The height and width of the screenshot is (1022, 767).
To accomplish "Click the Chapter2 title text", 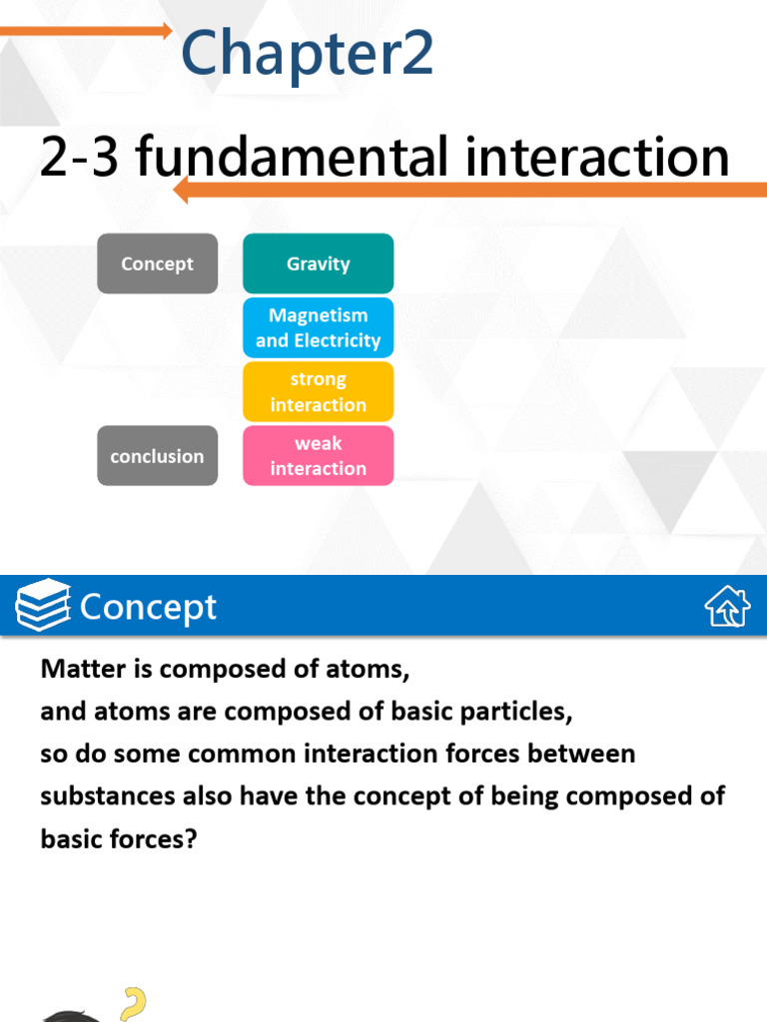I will pyautogui.click(x=307, y=54).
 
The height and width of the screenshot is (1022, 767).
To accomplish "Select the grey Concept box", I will pyautogui.click(x=157, y=263).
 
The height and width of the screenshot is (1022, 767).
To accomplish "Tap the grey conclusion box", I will pyautogui.click(x=157, y=456).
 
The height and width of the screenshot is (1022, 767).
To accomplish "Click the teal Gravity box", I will pyautogui.click(x=318, y=263).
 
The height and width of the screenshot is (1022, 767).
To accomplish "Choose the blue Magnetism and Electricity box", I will pyautogui.click(x=318, y=327).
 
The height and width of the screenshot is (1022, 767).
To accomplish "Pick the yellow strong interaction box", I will pyautogui.click(x=318, y=391).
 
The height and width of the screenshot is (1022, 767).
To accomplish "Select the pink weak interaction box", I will pyautogui.click(x=318, y=456).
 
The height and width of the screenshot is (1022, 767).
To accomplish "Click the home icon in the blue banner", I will pyautogui.click(x=727, y=607).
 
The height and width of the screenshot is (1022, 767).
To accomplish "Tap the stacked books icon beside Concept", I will pyautogui.click(x=43, y=606).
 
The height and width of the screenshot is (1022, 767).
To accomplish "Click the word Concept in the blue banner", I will pyautogui.click(x=148, y=607).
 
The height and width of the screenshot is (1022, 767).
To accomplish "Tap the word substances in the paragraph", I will pyautogui.click(x=98, y=796).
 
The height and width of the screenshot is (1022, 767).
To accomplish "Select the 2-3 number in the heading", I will pyautogui.click(x=80, y=157).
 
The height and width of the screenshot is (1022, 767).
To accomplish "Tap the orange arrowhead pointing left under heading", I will pyautogui.click(x=181, y=190).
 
